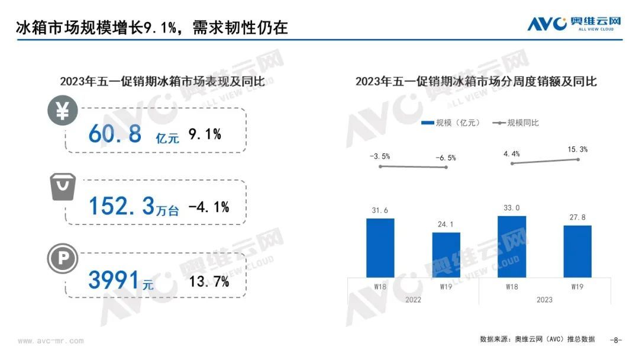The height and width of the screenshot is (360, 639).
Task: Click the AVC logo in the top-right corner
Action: [x=574, y=24]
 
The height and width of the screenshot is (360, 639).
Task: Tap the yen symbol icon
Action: [x=62, y=111]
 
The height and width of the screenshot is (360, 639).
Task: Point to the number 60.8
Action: [x=115, y=135]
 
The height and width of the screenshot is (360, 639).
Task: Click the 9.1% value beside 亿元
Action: [x=205, y=135]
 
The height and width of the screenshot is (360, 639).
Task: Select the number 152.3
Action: [x=121, y=206]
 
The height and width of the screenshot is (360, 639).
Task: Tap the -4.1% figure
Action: [x=208, y=207]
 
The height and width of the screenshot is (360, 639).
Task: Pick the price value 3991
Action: [x=114, y=280]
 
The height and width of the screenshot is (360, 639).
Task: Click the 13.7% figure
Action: [x=209, y=282]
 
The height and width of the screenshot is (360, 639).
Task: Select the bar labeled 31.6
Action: [x=380, y=247]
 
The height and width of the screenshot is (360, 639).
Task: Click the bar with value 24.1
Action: [x=446, y=255]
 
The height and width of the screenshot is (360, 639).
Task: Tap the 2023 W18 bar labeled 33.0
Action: [x=512, y=246]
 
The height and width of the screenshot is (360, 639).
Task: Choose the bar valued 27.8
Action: [x=577, y=251]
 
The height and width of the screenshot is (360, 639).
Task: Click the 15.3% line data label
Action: [x=577, y=150]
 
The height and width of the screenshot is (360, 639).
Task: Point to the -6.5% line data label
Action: [x=446, y=158]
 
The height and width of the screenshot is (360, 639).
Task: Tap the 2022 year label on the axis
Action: [x=413, y=300]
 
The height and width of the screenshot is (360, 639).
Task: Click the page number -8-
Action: [x=616, y=340]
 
